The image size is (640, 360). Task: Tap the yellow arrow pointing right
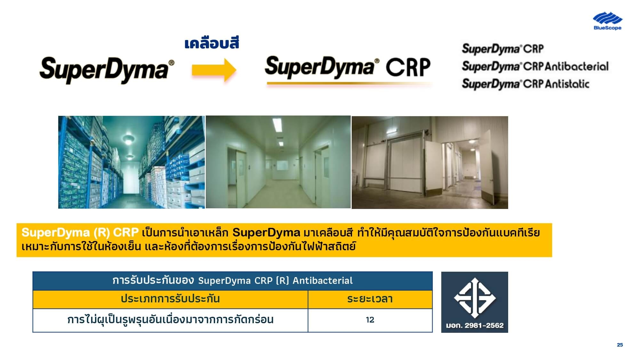point(214,70)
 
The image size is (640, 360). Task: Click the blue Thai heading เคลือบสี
point(212,43)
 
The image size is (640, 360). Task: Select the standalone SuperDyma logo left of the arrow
point(107,70)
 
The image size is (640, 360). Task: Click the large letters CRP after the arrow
point(408,67)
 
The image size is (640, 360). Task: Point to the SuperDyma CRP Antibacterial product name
point(535,66)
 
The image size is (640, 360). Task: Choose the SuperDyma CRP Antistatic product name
point(525,84)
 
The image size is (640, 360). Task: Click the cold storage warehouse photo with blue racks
point(132,162)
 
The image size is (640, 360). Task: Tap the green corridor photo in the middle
point(278,162)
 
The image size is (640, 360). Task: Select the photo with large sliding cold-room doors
point(430,163)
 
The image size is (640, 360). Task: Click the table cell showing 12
point(370,320)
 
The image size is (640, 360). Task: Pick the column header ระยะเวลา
point(370,299)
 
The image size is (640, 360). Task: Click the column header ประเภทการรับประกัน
point(170,299)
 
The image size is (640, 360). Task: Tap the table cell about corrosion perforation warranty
point(170,320)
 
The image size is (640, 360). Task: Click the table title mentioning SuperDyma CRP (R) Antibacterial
point(233,281)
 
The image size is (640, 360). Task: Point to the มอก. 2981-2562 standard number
point(475,325)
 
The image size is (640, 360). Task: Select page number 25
point(620,345)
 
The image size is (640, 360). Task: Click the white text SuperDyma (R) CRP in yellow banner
point(80,232)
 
